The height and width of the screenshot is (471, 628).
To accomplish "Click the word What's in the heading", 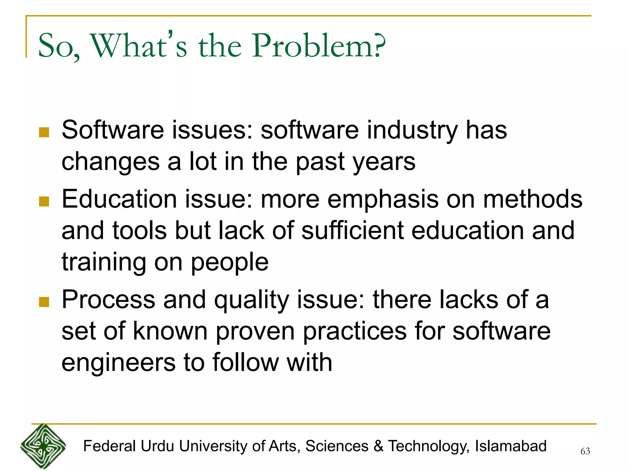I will click(138, 46).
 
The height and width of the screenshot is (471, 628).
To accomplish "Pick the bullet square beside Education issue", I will click(44, 201).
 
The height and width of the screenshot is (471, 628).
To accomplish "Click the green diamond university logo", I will click(43, 446).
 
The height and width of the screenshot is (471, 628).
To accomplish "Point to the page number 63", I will click(585, 451).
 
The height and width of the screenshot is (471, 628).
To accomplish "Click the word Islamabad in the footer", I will click(511, 446).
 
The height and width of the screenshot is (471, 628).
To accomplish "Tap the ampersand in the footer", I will click(378, 446).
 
